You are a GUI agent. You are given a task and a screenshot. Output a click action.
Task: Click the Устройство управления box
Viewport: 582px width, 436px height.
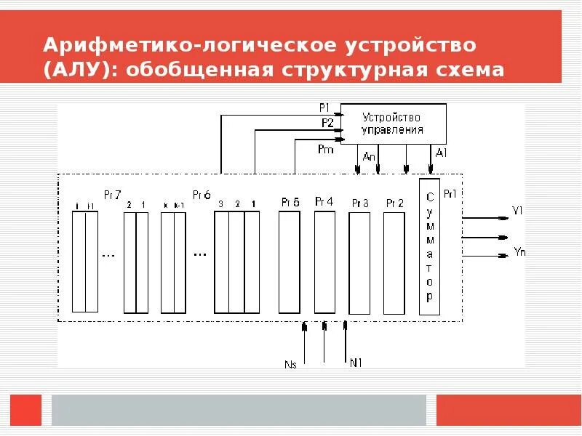pos(393,124)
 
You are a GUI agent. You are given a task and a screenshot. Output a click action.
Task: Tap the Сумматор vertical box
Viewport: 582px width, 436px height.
pos(429,247)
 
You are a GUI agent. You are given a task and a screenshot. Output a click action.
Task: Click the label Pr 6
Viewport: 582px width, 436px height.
pos(202,195)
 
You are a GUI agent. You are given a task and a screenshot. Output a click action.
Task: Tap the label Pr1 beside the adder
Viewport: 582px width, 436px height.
pos(450,194)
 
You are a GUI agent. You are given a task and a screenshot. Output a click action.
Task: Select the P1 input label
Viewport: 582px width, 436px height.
pos(324,108)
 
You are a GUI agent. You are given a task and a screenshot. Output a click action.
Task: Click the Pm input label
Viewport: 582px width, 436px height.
pos(324,149)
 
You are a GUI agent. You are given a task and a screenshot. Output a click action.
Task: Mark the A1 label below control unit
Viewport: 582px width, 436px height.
pos(441,153)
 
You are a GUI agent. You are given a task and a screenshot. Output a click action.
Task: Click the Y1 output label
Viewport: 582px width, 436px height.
pos(518,210)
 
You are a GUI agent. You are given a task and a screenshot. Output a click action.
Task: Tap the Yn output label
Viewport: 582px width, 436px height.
pos(519,252)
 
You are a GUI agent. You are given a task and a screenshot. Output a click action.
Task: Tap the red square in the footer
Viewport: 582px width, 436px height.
pos(26,410)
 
